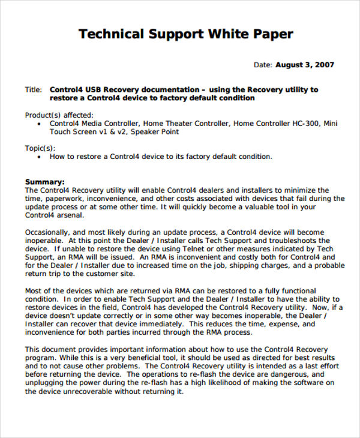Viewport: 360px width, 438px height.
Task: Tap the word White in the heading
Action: click(x=227, y=34)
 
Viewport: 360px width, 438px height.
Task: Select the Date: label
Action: click(x=263, y=65)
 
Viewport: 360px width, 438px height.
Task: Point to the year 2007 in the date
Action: click(x=323, y=65)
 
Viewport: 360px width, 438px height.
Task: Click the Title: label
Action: click(x=33, y=89)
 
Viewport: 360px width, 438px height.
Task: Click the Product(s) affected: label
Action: click(x=59, y=114)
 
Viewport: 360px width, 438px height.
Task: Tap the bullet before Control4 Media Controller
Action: click(x=39, y=123)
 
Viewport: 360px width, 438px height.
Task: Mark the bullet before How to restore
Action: click(x=39, y=157)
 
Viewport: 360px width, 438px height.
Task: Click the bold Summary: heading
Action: click(x=44, y=181)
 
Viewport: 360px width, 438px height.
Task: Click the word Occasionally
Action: click(x=50, y=232)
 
